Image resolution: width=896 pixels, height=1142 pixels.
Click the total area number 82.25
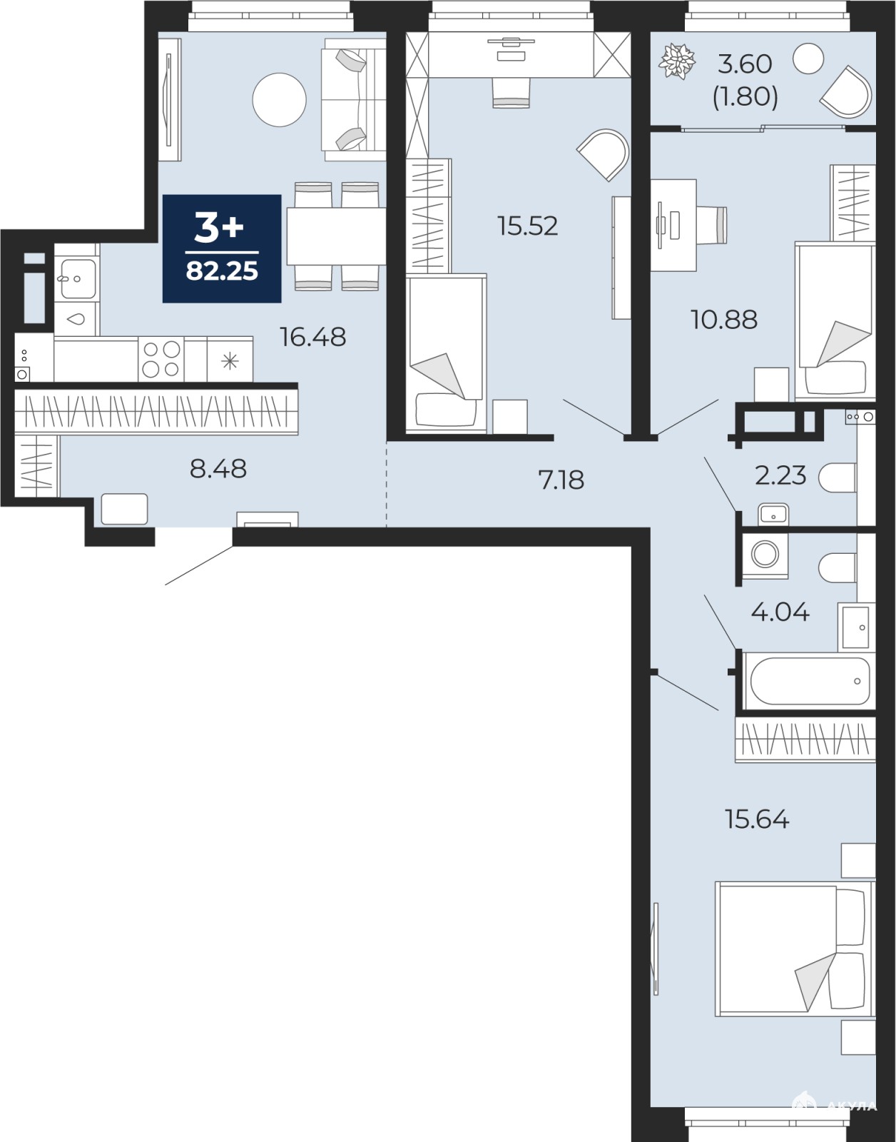point(222,271)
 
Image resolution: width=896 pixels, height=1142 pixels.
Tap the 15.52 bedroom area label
point(527,226)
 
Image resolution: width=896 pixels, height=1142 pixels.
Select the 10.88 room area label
point(724,320)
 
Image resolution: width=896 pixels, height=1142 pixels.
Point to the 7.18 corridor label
point(561,480)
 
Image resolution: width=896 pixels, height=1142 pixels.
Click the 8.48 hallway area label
point(218,469)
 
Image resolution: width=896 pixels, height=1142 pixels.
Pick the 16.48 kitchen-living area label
point(312,337)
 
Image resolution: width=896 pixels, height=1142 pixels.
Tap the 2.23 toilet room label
point(780,475)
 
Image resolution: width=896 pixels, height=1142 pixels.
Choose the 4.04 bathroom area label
point(780,612)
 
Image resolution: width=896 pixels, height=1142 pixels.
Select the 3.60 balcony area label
point(745,64)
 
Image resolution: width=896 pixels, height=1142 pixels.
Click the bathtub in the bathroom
point(810,681)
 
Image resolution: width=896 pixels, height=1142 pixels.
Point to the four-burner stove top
point(161,360)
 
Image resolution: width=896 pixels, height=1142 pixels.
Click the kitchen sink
point(76,278)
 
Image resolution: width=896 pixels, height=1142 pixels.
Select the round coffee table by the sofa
point(279,100)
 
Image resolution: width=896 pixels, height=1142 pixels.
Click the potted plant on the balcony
point(677,61)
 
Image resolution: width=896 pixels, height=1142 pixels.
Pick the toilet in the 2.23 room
point(838,477)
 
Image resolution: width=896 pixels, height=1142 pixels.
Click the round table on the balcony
point(808,59)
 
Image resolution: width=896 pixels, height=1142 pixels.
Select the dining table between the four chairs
point(336,236)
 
